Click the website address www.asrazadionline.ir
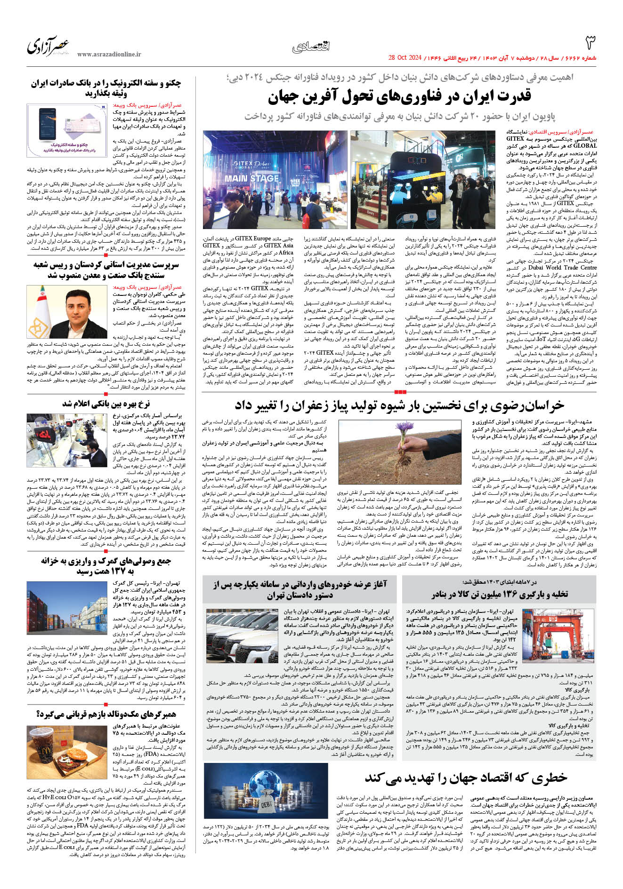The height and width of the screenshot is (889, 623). [x=109, y=55]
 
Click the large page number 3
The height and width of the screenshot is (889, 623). [x=590, y=43]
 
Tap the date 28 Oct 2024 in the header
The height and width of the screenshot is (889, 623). [x=405, y=58]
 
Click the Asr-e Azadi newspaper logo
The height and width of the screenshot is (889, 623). [x=49, y=46]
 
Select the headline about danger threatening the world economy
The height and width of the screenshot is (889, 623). [x=466, y=778]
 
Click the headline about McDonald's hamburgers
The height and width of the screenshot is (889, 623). [x=106, y=714]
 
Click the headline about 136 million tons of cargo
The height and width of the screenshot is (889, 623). [x=500, y=595]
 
